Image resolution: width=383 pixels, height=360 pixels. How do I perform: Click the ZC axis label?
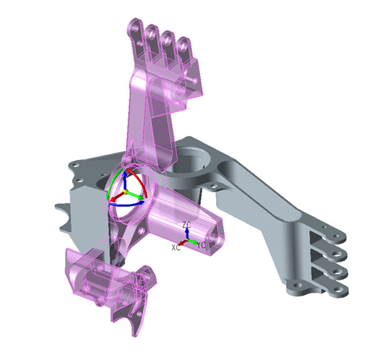186,225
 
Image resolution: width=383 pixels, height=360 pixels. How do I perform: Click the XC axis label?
176,247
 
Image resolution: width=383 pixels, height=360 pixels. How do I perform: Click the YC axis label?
202,245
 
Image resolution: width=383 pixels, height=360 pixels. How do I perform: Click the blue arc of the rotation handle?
119,205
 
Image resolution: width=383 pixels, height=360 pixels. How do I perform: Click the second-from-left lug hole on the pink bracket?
152,34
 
